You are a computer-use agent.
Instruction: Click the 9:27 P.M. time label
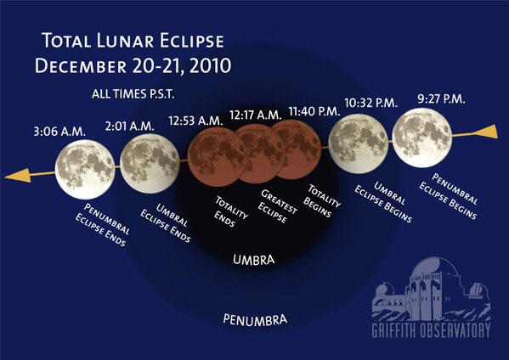point(441,99)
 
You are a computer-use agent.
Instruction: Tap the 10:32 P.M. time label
point(371,103)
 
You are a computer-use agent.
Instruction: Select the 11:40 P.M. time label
point(314,111)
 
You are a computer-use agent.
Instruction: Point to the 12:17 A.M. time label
point(256,115)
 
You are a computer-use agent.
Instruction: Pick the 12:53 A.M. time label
point(195,121)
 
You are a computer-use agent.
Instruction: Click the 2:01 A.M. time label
point(129,126)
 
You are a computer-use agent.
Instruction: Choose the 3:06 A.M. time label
point(59,132)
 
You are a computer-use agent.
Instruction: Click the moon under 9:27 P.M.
point(422,138)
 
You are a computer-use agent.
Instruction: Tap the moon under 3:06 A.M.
point(85,169)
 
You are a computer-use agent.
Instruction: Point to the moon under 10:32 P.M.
point(358,143)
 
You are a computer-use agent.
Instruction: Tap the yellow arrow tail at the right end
point(485,132)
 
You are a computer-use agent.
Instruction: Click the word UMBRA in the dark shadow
point(254,260)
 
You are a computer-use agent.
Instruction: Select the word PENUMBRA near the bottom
point(255,319)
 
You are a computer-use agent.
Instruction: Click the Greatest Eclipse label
point(278,206)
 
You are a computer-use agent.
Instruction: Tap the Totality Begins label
point(322,200)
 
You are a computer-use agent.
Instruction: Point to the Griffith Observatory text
point(431,330)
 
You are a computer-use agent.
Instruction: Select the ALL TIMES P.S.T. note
point(133,94)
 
